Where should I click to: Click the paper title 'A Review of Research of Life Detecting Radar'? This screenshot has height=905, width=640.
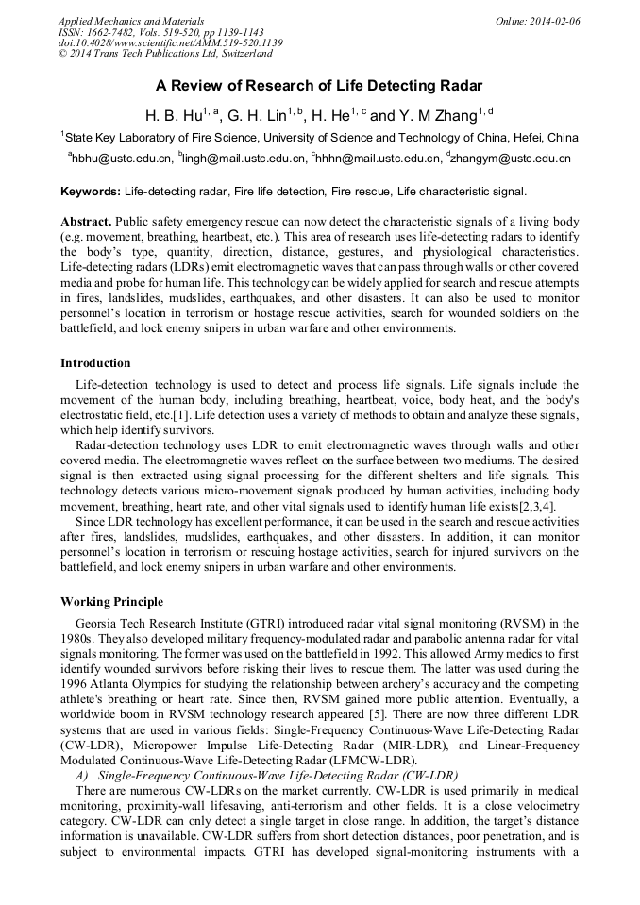(319, 86)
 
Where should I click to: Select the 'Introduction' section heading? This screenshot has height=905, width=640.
(95, 363)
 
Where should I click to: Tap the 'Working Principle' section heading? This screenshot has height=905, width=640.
(111, 602)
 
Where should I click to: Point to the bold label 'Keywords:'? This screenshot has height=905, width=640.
(91, 192)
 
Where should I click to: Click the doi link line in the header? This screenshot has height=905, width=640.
(170, 43)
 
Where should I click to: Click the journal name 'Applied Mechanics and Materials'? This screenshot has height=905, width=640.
(131, 21)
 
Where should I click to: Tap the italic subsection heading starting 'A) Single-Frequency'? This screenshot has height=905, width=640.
(260, 773)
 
